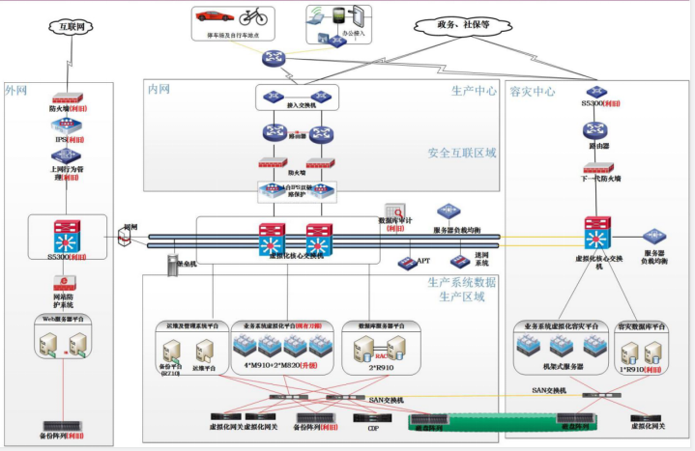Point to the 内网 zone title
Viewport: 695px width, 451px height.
pos(159,89)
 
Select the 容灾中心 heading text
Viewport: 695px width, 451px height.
pos(532,92)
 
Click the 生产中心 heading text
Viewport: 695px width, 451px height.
pos(475,92)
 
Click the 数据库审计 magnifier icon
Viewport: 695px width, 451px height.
pos(394,211)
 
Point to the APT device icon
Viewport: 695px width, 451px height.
pos(406,262)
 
